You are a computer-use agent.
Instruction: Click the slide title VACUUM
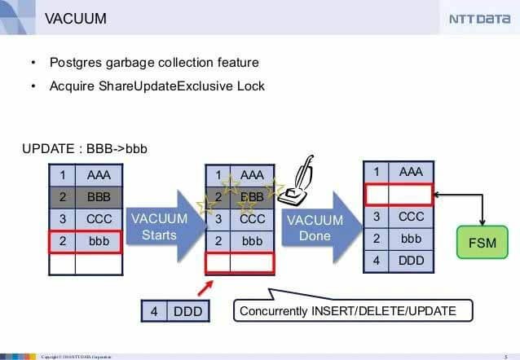[74, 18]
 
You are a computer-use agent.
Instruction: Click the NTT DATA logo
[478, 20]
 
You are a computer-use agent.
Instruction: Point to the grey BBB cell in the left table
[99, 196]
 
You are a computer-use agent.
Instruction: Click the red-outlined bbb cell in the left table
[99, 241]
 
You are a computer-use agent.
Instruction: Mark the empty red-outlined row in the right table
[399, 195]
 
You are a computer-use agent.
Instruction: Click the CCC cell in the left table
[99, 219]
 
